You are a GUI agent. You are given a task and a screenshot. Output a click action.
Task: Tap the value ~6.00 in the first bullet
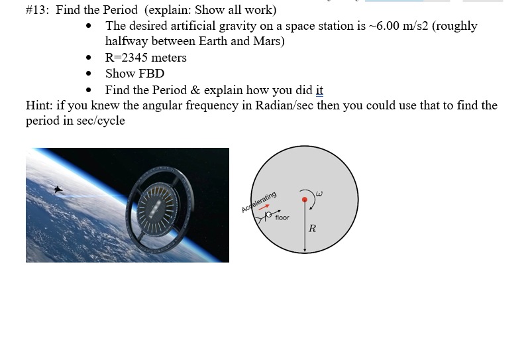[390, 26]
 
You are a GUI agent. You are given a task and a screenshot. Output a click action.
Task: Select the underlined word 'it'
[319, 90]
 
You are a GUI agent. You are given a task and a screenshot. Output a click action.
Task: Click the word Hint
[39, 106]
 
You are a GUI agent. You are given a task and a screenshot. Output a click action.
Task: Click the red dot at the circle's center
[305, 199]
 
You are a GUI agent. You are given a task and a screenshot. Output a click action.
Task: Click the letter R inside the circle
[313, 229]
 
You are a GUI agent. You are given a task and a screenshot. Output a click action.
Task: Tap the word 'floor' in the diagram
[282, 217]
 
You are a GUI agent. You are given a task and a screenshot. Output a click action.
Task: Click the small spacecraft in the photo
[58, 190]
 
